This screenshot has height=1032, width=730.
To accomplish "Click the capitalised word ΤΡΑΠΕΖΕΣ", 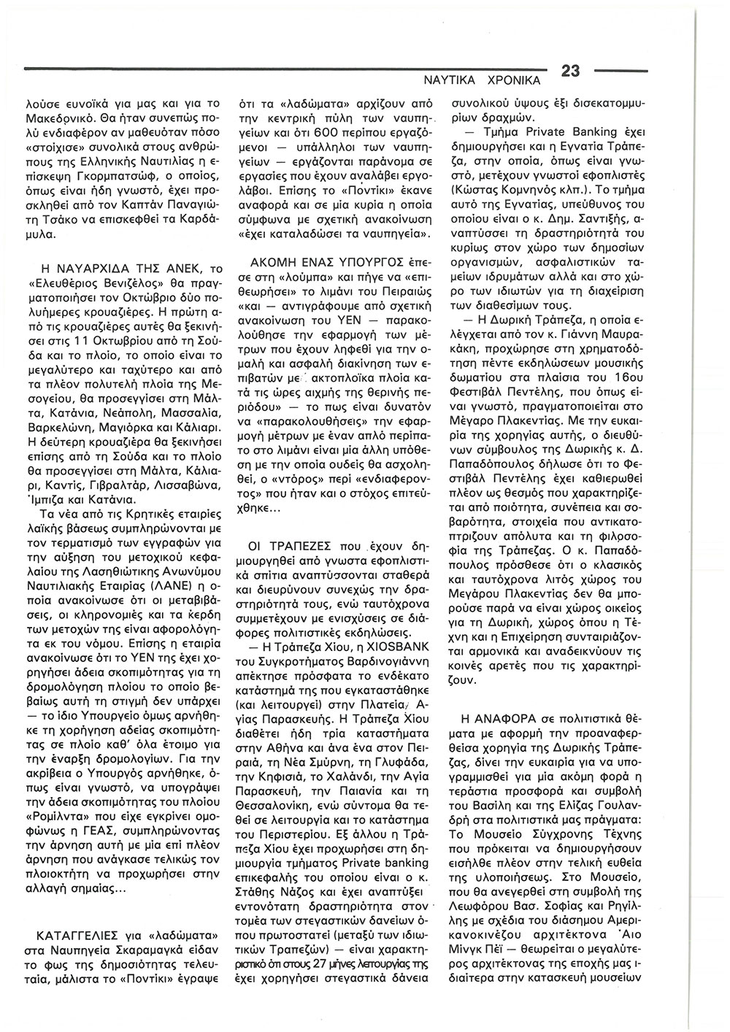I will click(x=304, y=544).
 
